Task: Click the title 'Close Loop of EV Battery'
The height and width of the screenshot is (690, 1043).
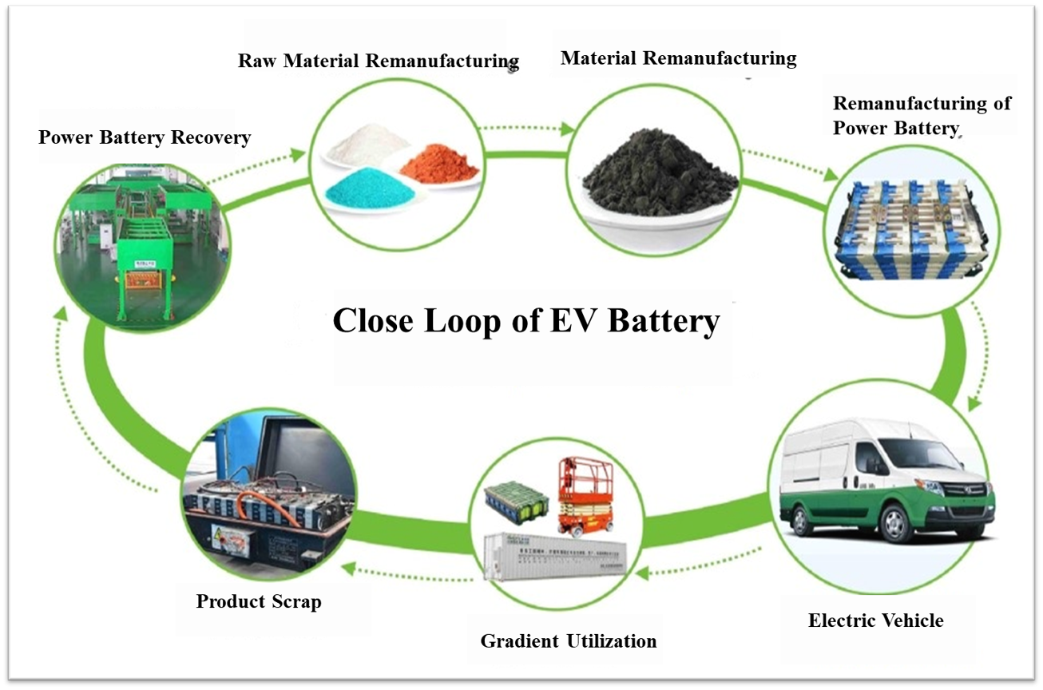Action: pos(526,321)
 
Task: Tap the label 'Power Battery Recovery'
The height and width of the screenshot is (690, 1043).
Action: pos(145,137)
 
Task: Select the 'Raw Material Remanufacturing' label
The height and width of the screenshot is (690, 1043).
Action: pos(379,61)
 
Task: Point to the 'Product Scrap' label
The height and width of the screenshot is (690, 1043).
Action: pos(259,601)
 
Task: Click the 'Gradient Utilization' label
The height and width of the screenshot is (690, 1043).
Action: pos(568,640)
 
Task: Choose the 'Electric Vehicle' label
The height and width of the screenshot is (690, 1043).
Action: pos(875,621)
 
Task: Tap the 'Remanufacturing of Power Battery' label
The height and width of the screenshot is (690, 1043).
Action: pos(922,116)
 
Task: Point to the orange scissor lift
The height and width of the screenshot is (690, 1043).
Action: pos(587,495)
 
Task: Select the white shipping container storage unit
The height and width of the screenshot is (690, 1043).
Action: pos(556,557)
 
